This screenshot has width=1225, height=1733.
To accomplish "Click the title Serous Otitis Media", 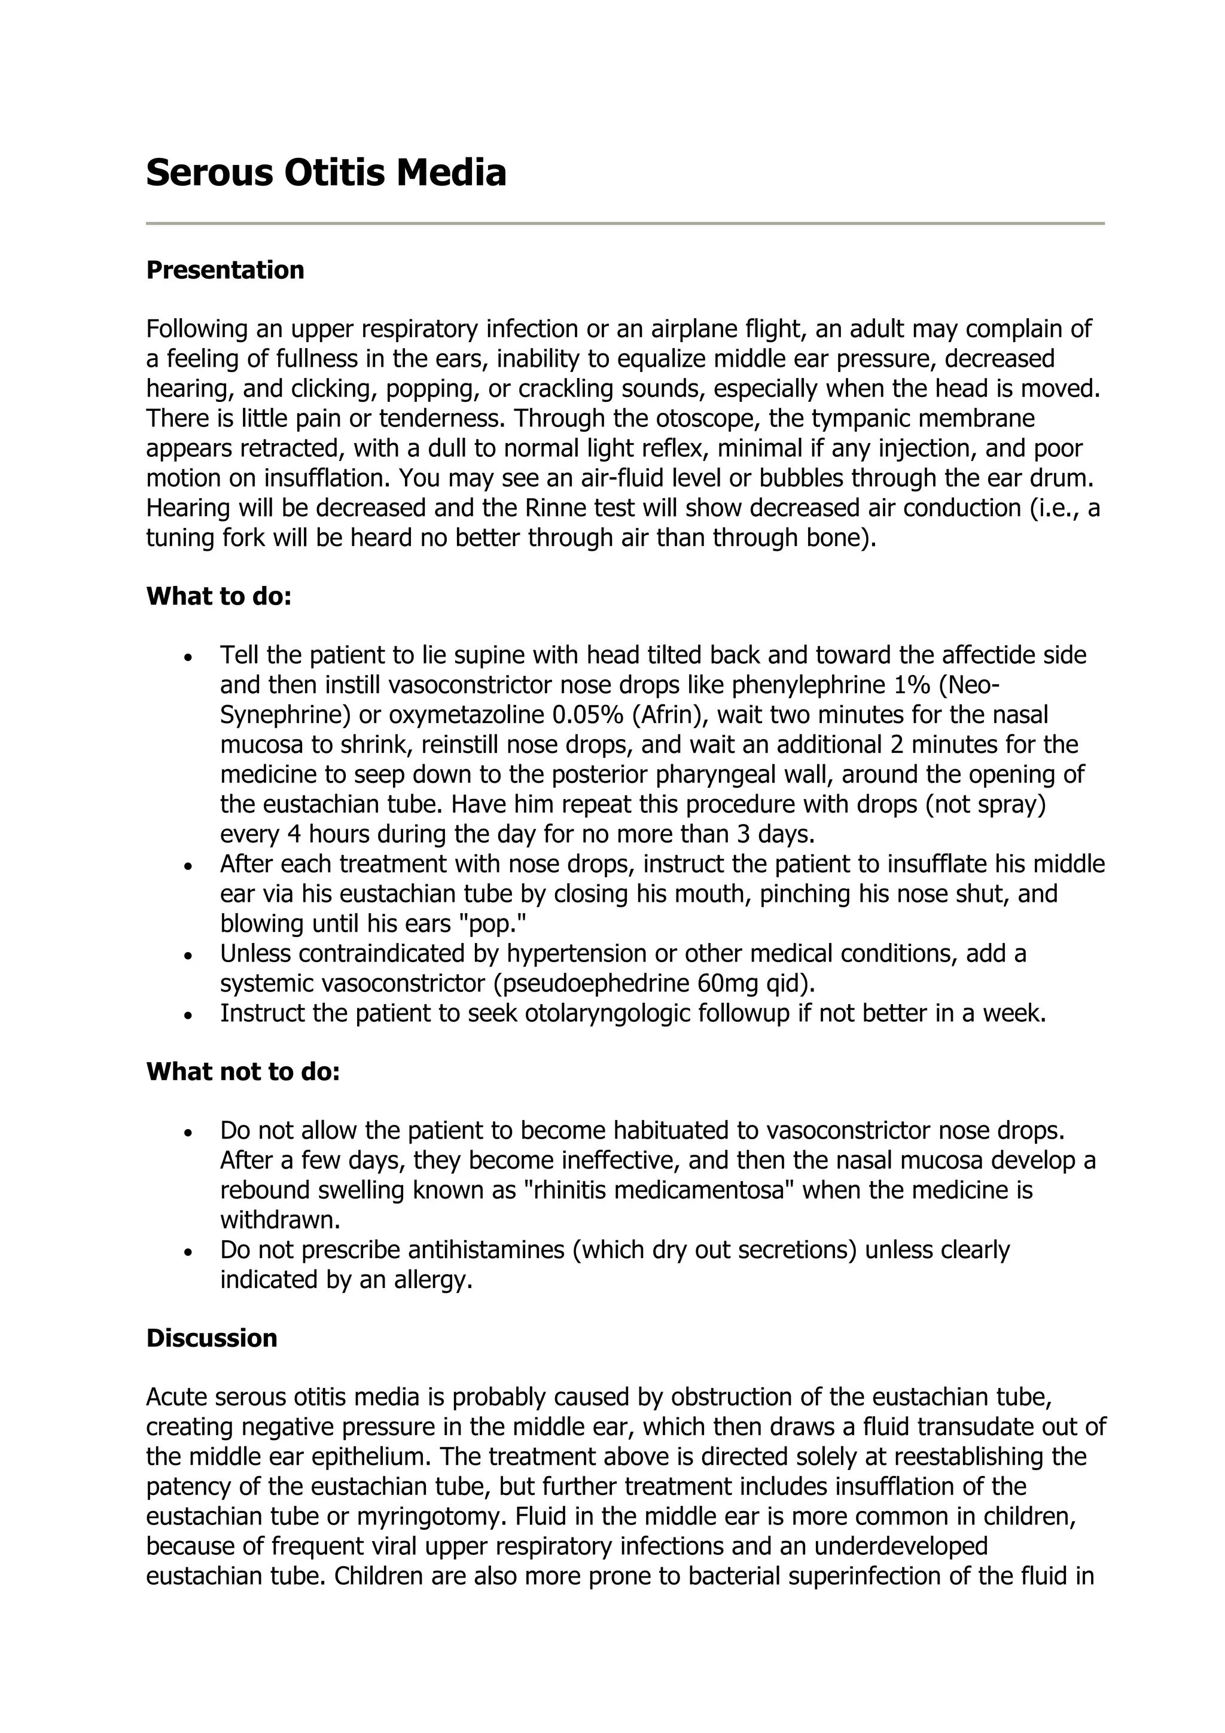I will tap(325, 173).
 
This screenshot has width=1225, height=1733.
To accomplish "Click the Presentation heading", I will tap(225, 270).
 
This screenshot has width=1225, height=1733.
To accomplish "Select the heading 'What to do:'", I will tap(219, 596).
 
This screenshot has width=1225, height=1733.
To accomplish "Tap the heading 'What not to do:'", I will tap(243, 1071).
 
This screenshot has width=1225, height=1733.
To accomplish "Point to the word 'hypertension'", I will tap(577, 953).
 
